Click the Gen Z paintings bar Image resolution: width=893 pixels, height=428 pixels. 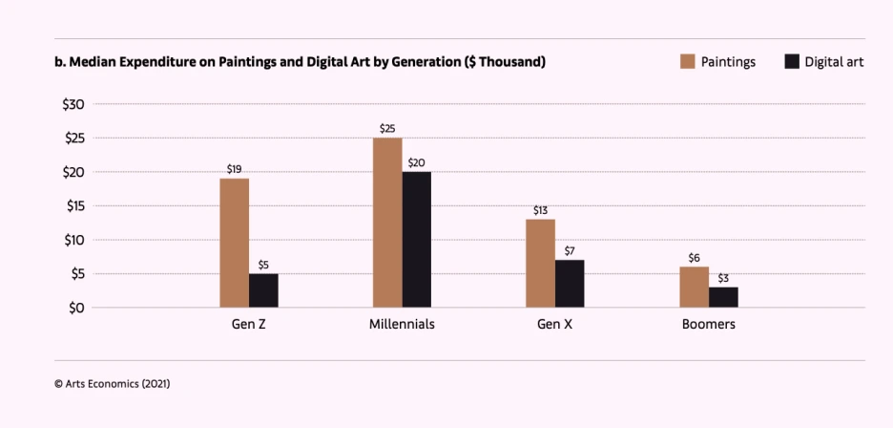coord(234,243)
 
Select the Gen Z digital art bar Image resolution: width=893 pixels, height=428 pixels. coord(263,290)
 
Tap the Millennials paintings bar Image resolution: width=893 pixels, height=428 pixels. coord(386,223)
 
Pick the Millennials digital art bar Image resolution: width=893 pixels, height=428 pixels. coord(416,240)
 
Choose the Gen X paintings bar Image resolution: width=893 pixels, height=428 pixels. coord(540,263)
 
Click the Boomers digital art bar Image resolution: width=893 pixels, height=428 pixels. coord(723,297)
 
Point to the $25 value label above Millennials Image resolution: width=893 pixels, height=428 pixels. coord(386,128)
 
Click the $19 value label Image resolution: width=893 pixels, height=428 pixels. coord(234,169)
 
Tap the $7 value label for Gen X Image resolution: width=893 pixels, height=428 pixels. coord(570,250)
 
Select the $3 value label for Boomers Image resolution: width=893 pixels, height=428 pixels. coord(723,277)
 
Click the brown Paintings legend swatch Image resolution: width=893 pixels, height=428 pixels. coord(687,62)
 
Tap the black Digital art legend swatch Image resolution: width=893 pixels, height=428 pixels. coord(791,62)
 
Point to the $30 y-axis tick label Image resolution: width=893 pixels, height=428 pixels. coord(73,104)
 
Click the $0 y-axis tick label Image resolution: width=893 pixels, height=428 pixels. coord(76,308)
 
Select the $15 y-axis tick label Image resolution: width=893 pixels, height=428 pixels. coord(73,205)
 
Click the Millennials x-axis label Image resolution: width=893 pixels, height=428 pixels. coord(402,325)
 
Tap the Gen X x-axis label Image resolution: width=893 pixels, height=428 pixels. coord(554,325)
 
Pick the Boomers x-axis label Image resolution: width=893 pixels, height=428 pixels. coord(708,325)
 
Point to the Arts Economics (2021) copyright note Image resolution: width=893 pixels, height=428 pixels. coord(113,383)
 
